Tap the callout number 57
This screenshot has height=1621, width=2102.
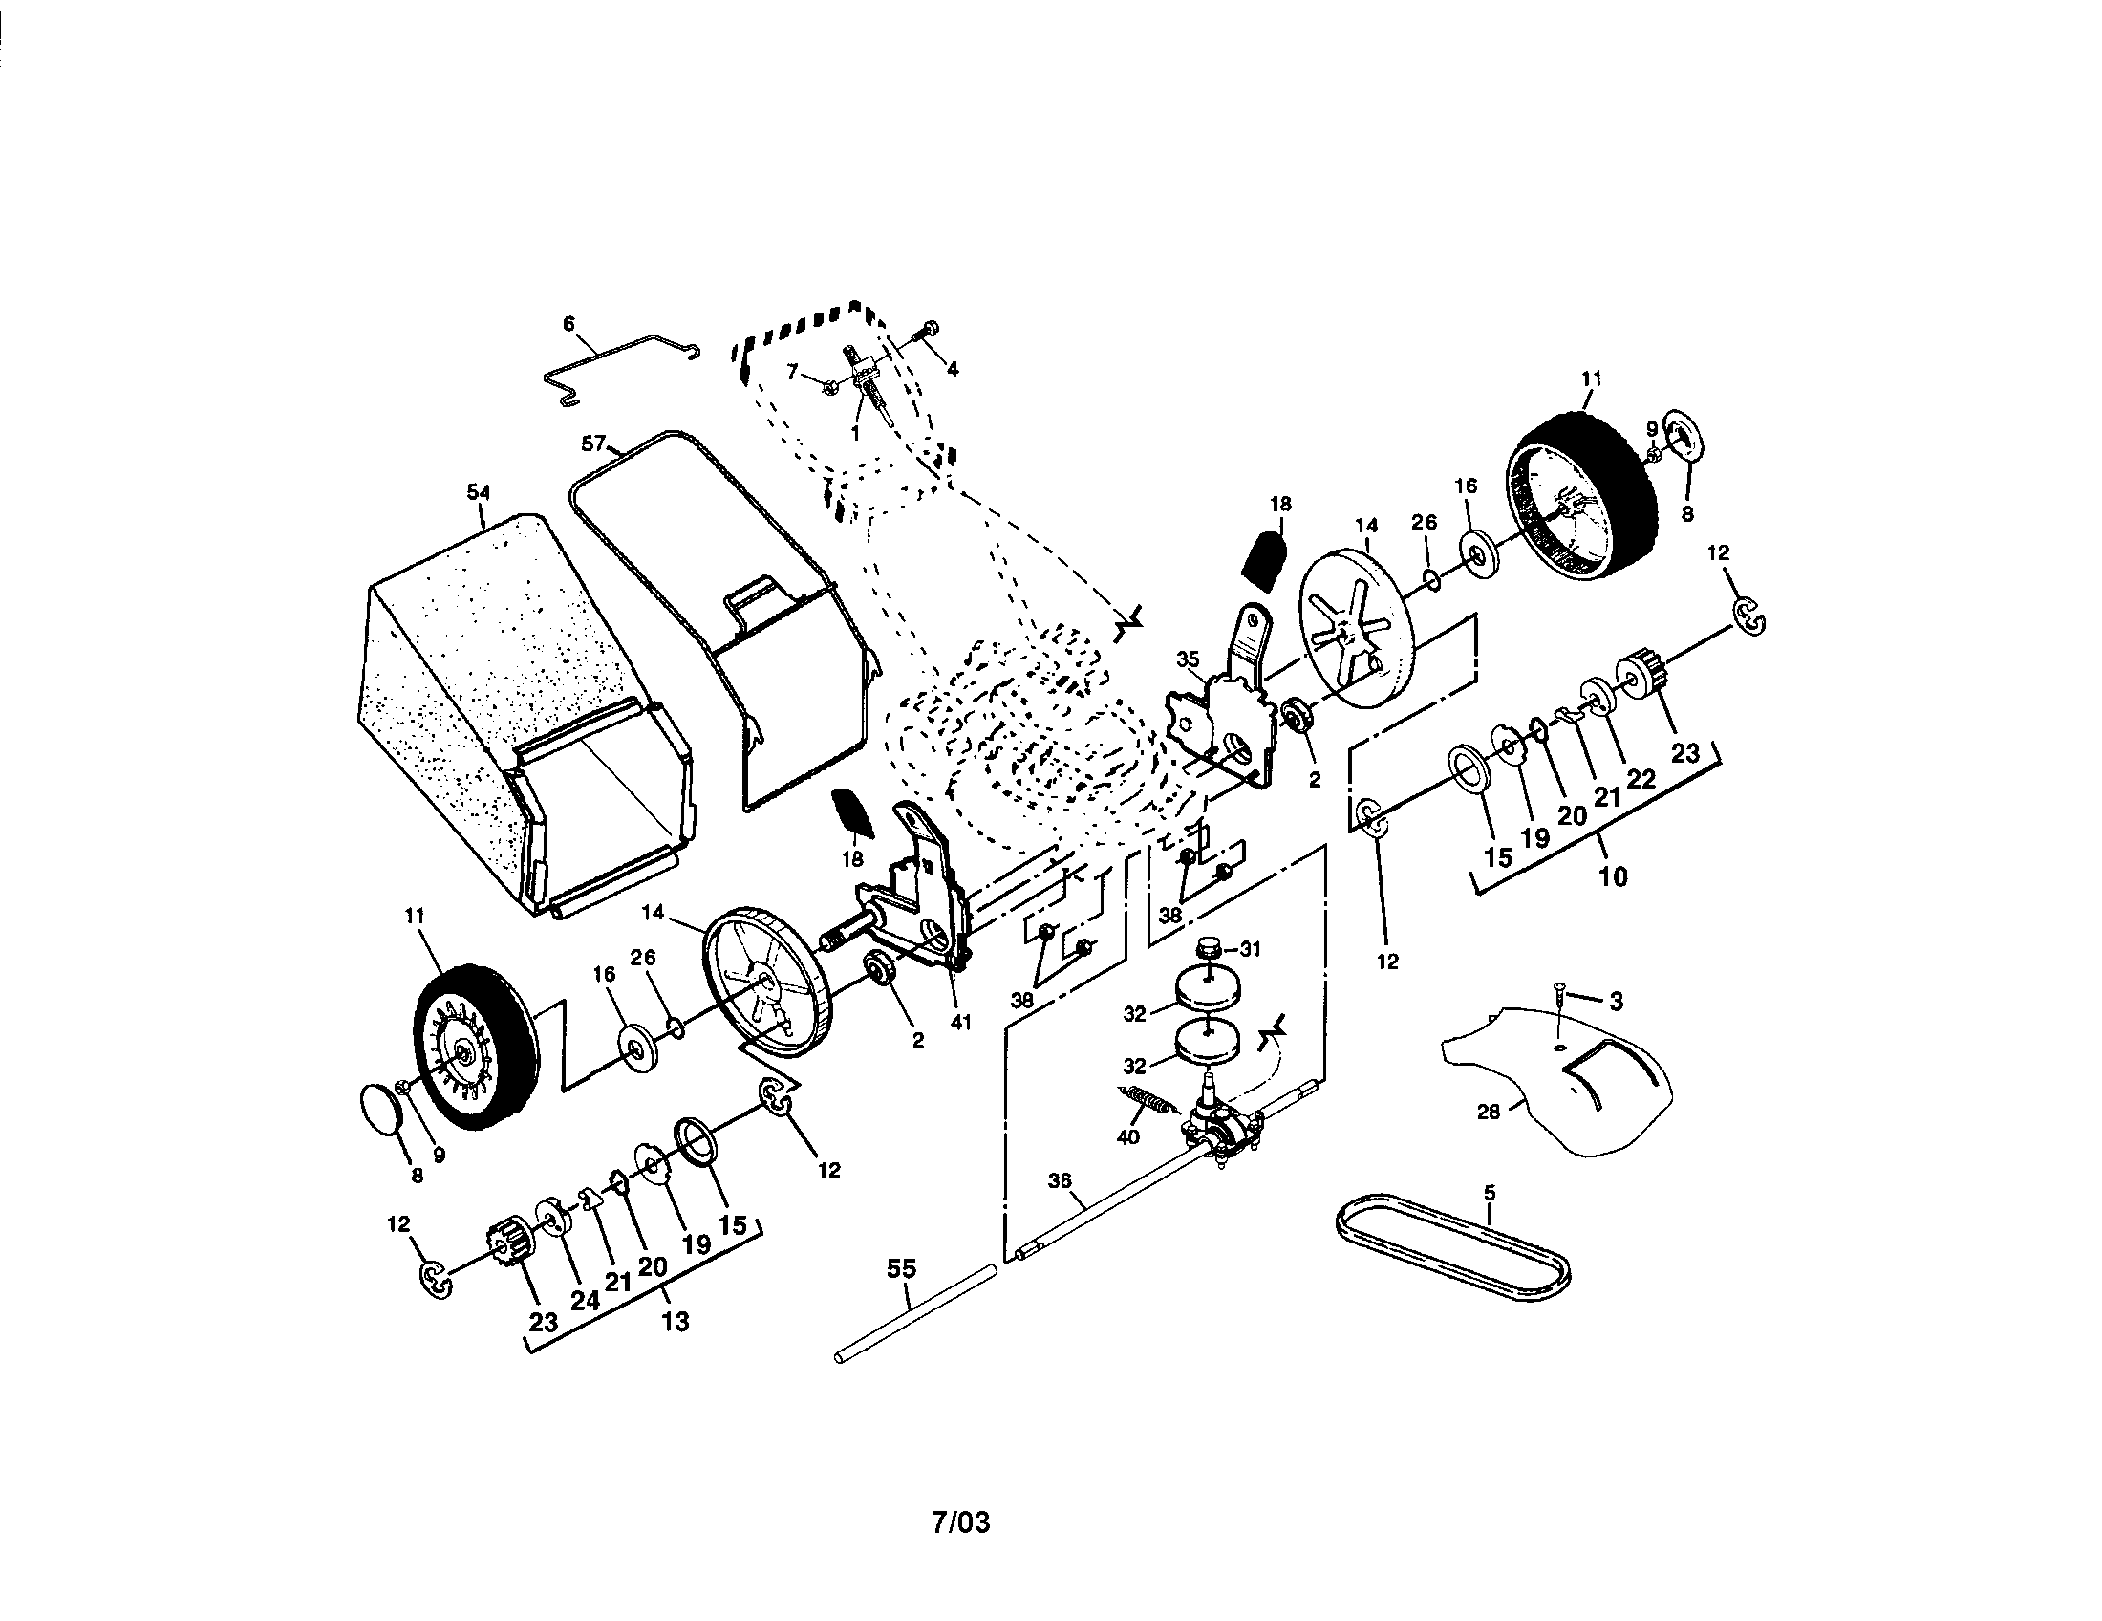pos(593,443)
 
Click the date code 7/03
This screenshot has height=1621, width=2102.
pos(960,1522)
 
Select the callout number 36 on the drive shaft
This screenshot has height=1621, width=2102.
pos(1059,1181)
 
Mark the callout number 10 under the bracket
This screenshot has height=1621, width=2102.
pos(1613,875)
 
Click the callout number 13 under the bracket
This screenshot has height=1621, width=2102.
pos(676,1321)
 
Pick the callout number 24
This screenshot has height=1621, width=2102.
pos(584,1300)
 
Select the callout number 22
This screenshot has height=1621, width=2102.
pos(1641,777)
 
